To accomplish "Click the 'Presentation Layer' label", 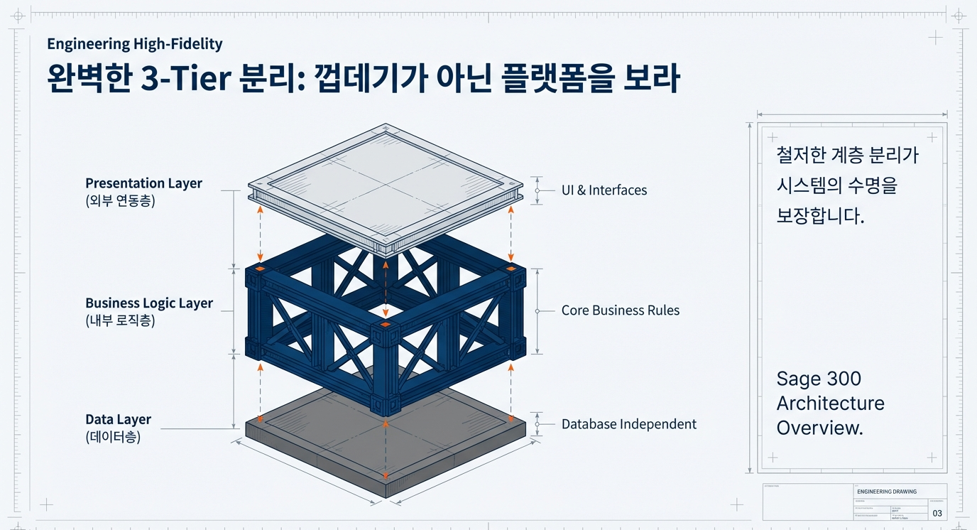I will click(x=143, y=183).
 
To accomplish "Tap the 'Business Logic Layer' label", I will click(x=149, y=303).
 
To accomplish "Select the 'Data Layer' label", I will click(x=118, y=419).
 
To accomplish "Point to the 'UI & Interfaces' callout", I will click(x=604, y=190).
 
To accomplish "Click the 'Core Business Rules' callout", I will click(x=620, y=310).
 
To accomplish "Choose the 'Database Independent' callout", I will click(x=628, y=424).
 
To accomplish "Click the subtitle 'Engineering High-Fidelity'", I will click(x=134, y=44).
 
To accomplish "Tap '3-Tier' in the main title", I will click(x=187, y=79).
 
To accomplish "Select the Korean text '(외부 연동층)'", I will click(x=120, y=200).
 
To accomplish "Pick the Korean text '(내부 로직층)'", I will click(x=120, y=320).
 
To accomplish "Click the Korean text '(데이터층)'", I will click(x=113, y=437).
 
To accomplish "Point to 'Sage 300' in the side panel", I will click(x=819, y=379).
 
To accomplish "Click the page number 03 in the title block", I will click(x=937, y=513).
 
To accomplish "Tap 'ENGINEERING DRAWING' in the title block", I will click(x=887, y=492).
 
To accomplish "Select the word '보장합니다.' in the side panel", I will click(x=820, y=216).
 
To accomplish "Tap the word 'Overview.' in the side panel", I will click(x=819, y=428).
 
